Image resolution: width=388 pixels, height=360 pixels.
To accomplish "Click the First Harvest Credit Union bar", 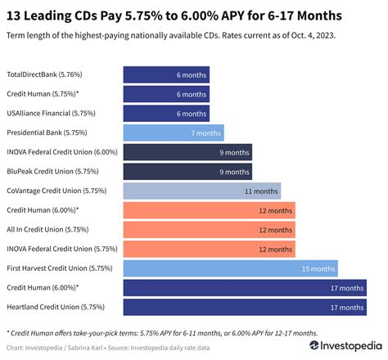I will coord(230,268).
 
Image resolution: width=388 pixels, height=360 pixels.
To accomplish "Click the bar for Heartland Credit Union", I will coord(244,308).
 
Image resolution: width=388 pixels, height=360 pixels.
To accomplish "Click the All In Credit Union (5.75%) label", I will coord(46,230).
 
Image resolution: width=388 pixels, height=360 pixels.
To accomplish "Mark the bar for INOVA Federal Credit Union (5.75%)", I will coord(197,249).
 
